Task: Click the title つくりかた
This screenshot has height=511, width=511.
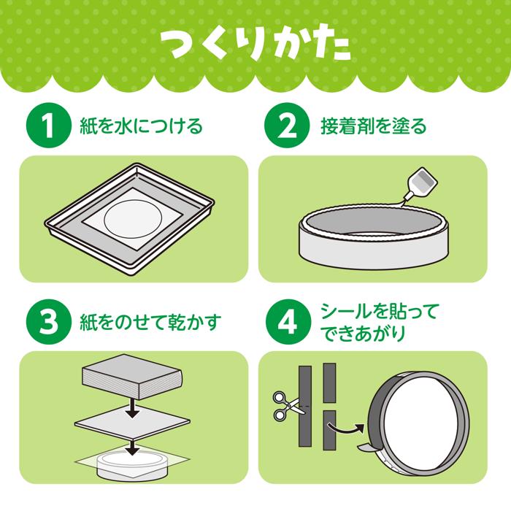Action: tap(255, 45)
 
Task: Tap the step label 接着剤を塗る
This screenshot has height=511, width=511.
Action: tap(373, 126)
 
